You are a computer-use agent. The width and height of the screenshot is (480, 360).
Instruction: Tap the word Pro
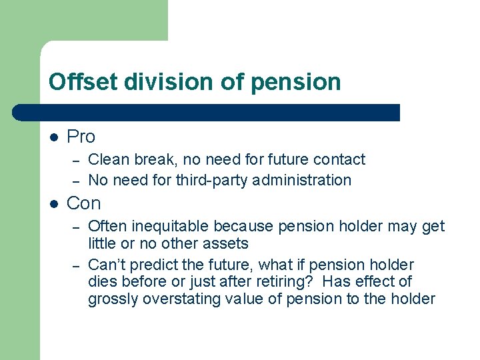tap(81, 137)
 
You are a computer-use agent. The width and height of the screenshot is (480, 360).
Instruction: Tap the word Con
tap(84, 203)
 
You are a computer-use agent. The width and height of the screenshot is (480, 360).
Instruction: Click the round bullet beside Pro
tap(54, 137)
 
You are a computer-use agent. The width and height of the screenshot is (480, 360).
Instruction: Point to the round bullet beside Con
tap(54, 204)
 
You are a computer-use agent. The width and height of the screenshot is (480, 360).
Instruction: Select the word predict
tap(155, 265)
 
